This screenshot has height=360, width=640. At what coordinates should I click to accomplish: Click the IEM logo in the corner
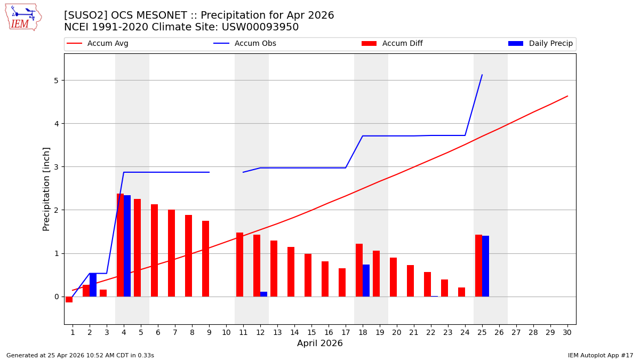coord(23,17)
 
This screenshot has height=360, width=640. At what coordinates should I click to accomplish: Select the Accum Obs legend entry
coord(245,44)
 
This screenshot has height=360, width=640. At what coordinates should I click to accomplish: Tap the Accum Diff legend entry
coord(392,44)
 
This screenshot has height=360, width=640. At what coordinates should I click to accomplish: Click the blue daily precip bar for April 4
coord(127,246)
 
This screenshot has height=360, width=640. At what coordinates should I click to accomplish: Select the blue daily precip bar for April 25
coord(485,266)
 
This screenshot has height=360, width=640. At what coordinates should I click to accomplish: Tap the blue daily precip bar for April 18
coord(366,281)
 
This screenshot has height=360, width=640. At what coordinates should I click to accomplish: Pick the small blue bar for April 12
coord(263,294)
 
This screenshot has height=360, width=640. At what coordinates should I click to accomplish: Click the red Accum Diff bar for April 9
coord(205,259)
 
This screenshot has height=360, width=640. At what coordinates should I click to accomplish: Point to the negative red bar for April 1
coord(69,299)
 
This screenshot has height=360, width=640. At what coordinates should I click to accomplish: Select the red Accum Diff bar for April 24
coord(461,292)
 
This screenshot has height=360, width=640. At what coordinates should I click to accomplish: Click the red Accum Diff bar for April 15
coord(308,275)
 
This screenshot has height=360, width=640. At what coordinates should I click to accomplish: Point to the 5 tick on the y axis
coord(55,81)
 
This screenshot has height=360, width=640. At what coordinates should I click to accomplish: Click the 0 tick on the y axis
coord(55,297)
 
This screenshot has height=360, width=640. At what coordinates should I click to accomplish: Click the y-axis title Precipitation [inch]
coord(47,189)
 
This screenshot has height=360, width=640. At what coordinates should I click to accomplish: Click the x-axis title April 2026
coord(319,343)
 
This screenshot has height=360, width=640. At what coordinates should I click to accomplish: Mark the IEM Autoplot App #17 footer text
coord(601,355)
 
